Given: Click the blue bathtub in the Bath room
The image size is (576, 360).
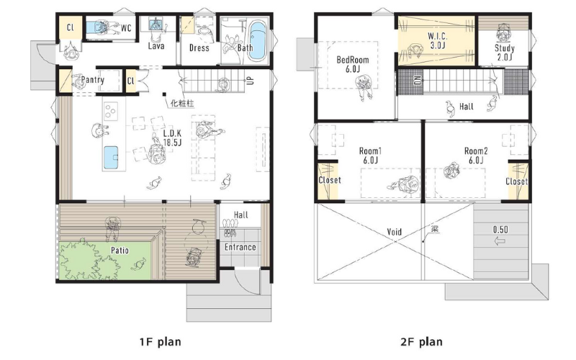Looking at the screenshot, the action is pos(258,40).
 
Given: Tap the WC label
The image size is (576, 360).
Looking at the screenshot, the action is pos(126,28).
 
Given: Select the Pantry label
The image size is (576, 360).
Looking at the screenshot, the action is pos(93,80).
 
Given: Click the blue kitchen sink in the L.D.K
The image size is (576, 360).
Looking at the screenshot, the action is pos(111,158).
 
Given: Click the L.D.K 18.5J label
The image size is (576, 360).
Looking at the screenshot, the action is pos(172,138).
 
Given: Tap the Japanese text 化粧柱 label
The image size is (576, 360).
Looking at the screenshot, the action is pos(182,104).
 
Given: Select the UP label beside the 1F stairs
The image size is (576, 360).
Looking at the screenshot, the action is pos(251,80).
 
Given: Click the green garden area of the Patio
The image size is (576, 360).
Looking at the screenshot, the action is pos(105,260).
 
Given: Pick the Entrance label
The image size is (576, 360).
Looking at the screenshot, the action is pos(240,247).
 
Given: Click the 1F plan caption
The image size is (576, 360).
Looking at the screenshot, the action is pos(160,342).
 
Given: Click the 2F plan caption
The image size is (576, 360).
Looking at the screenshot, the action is pos(421,342).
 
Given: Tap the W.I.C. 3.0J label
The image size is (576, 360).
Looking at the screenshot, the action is pos(438,41).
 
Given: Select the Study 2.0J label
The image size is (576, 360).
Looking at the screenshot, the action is pos(505,52).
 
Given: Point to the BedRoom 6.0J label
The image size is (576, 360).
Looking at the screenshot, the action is pos(353,64).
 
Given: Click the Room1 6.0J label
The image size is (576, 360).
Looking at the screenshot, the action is pos(370,156).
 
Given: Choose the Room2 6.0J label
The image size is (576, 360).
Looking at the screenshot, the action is pos(476,156).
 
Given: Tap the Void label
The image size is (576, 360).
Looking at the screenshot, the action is pos(394,232).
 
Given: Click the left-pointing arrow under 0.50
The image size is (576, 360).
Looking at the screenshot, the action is pos(500,241).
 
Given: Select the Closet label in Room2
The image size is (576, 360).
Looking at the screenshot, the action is pos(516,181).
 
